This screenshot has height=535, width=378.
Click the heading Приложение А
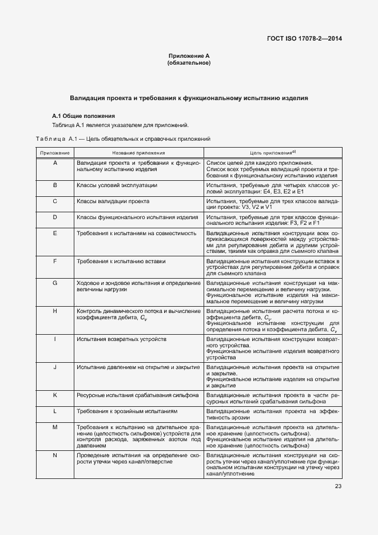189,56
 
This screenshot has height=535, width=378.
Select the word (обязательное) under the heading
189,62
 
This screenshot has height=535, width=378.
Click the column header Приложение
54,153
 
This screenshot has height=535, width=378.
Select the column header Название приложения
138,153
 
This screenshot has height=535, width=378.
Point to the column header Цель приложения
272,153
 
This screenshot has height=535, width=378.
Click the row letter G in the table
54,283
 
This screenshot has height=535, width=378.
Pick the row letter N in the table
54,455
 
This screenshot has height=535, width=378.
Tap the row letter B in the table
54,185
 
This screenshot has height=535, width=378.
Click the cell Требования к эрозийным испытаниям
127,411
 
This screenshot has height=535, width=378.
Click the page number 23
338,487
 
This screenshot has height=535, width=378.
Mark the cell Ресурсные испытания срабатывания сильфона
138,395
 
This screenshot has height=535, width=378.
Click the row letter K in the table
54,395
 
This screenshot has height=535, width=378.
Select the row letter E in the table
54,233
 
